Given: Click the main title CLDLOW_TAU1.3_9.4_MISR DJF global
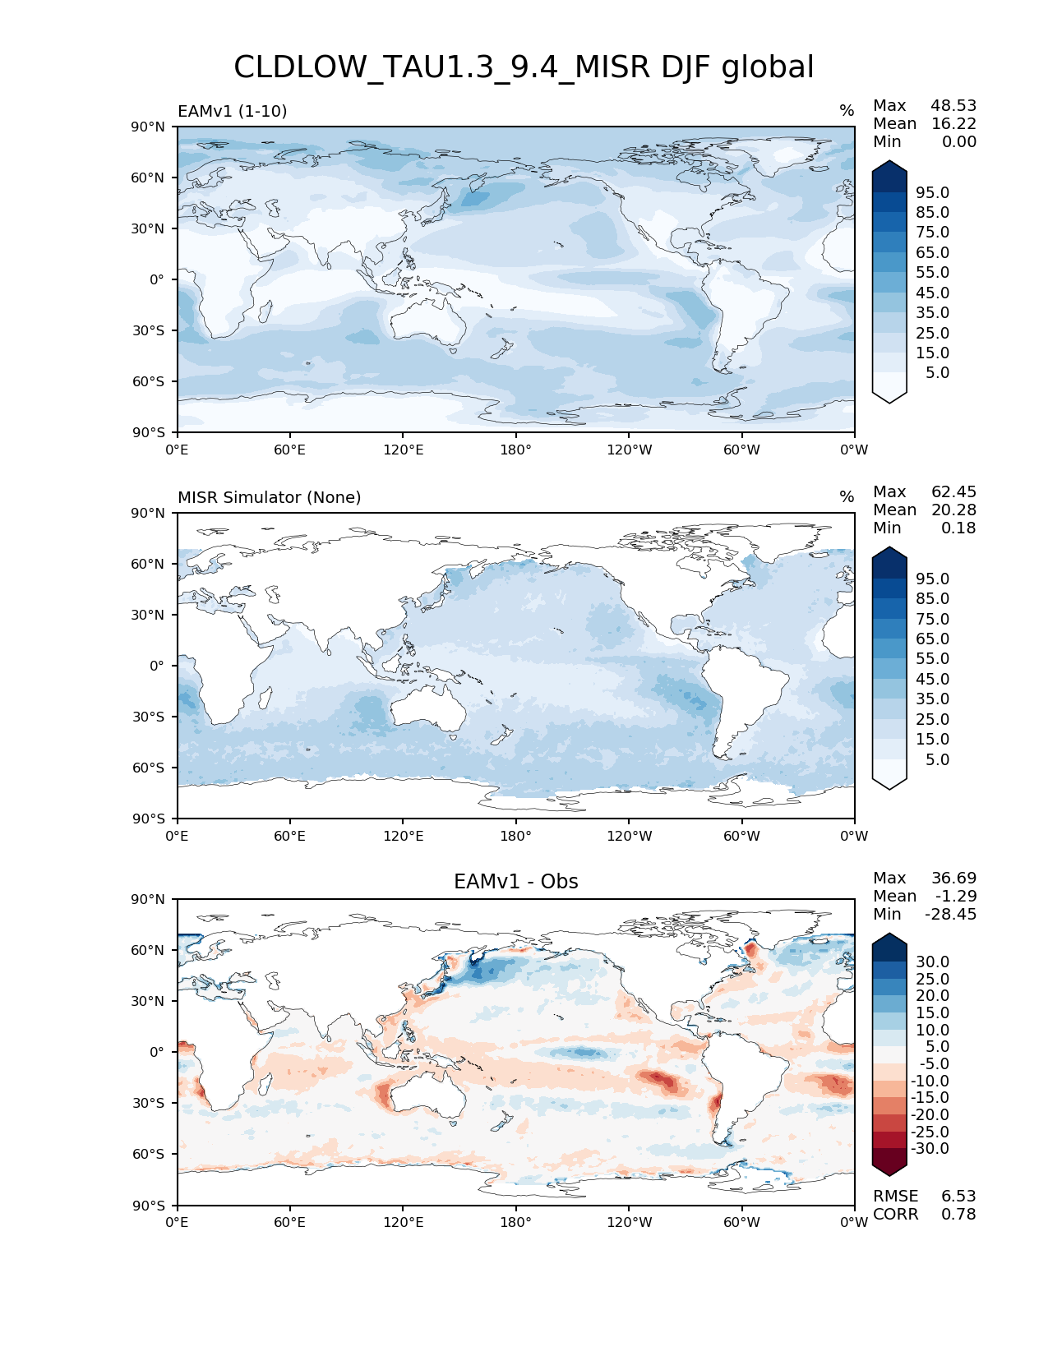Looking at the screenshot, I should coord(524,67).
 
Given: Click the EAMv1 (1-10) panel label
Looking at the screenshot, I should coord(233,111).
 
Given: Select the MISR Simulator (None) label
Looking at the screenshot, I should coord(270,497).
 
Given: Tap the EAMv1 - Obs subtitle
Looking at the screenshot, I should coord(516,882).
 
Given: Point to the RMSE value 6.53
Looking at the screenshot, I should coord(958,1196).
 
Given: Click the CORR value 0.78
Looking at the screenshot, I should coord(958,1214).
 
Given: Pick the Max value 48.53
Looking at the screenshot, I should coord(953,105).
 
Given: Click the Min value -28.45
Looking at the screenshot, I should coord(951,914).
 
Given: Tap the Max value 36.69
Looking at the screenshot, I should coord(953,878).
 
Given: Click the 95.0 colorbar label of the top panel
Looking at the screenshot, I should coord(932,192).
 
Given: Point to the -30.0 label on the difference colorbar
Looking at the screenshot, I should coord(930,1148).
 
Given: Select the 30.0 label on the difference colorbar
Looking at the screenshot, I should coord(932,962).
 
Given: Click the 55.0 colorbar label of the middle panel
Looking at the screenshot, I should coord(932,658).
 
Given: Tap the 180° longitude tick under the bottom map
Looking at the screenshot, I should coord(516,1222).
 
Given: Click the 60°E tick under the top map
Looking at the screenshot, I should coord(290,450).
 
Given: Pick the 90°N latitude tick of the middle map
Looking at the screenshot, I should coord(148,513).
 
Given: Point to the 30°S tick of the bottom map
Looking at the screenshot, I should coord(148,1103).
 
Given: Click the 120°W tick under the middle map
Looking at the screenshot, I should coord(630,836).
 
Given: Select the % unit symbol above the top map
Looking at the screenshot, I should coord(847,111).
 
